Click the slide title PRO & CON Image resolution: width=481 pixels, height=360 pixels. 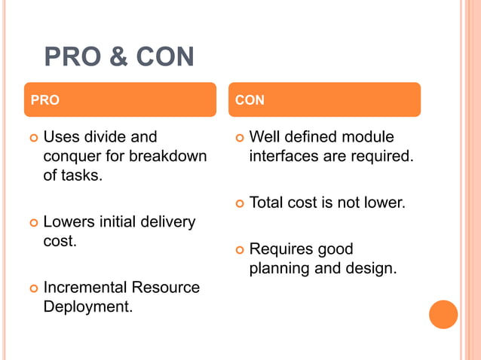click(119, 56)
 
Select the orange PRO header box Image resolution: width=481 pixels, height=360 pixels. click(120, 99)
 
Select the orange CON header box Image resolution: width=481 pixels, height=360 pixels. click(324, 99)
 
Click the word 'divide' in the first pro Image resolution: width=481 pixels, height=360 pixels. click(104, 137)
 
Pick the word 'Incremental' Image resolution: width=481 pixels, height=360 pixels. click(85, 288)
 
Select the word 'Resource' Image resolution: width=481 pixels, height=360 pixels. click(166, 288)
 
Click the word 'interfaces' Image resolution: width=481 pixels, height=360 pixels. click(285, 157)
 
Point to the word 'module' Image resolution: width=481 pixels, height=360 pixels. click(369, 137)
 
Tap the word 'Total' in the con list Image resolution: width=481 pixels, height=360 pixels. click(266, 203)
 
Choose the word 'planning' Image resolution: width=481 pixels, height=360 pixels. click(280, 268)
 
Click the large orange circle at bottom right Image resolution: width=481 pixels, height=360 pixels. click(443, 314)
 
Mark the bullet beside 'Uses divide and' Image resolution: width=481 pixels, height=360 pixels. click(32, 138)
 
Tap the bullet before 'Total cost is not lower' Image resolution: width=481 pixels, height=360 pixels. click(239, 203)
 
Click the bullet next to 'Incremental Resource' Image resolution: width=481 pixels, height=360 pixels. click(32, 288)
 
